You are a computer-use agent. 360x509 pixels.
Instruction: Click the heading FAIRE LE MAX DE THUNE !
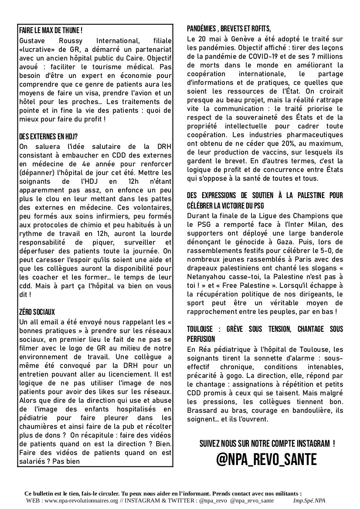point(51,30)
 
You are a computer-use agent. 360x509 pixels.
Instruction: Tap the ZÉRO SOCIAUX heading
point(37,312)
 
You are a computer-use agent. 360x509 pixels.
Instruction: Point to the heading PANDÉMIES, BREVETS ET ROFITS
point(229,29)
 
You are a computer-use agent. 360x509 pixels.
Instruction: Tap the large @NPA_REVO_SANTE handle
point(267,459)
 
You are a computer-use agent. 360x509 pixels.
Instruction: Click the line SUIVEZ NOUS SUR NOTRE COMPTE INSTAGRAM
point(267,444)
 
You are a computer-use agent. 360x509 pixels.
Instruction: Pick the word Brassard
point(203,410)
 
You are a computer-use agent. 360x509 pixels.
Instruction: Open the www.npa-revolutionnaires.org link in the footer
point(82,501)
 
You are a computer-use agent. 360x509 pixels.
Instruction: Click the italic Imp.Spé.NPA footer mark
point(309,501)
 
